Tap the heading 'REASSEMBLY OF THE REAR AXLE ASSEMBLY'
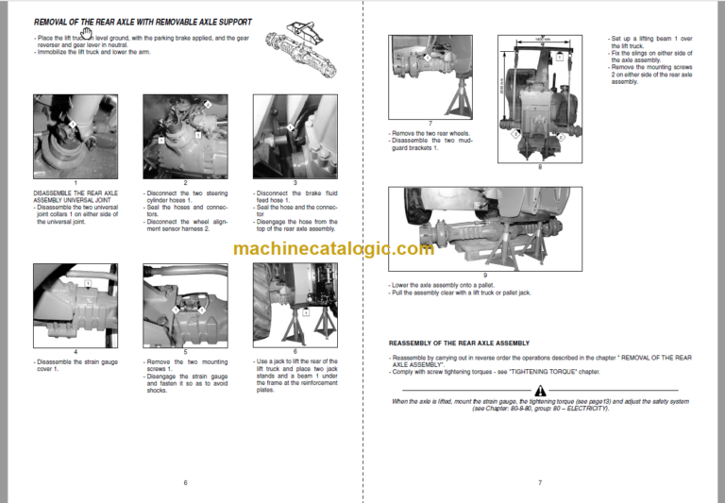pos(459,343)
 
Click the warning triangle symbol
pos(539,390)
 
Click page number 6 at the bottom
pos(185,482)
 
